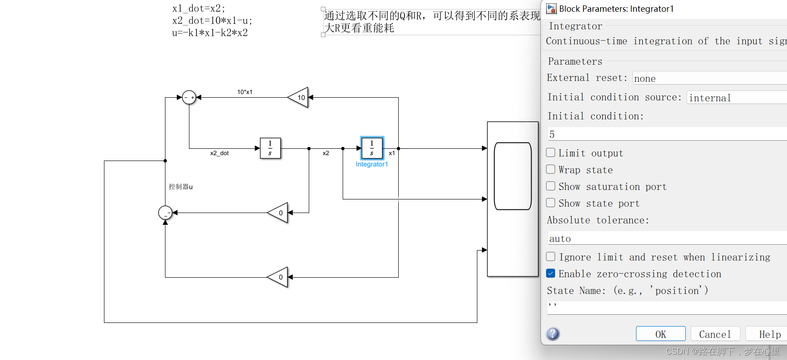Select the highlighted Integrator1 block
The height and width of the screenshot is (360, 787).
(372, 148)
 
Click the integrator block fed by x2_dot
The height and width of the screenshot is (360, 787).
(270, 148)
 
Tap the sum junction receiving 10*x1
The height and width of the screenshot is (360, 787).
(189, 97)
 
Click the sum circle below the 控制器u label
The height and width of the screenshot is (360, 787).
(165, 212)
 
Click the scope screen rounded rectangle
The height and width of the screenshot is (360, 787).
(513, 176)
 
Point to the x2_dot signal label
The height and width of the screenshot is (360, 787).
(219, 153)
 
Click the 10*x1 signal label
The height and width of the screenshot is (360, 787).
(245, 92)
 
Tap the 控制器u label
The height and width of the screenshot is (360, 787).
(180, 186)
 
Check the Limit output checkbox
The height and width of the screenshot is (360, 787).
(551, 153)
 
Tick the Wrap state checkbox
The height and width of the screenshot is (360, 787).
(551, 170)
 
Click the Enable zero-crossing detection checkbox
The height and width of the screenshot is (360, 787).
(551, 274)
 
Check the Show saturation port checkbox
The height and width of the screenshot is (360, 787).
(551, 186)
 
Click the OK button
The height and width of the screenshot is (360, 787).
(660, 334)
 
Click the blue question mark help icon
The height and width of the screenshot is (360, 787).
(553, 334)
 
